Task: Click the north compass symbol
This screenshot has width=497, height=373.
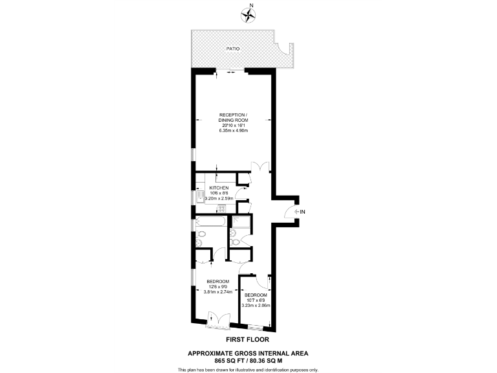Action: [248, 14]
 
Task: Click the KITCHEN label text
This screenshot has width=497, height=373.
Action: [219, 188]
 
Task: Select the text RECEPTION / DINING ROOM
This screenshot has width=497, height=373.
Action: [232, 118]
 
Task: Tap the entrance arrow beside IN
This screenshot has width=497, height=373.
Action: [296, 212]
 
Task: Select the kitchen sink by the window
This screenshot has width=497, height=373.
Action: [192, 198]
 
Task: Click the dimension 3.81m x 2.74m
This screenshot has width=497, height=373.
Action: [218, 292]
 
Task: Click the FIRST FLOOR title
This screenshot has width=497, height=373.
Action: [247, 339]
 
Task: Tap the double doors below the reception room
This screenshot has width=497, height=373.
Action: [260, 166]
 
